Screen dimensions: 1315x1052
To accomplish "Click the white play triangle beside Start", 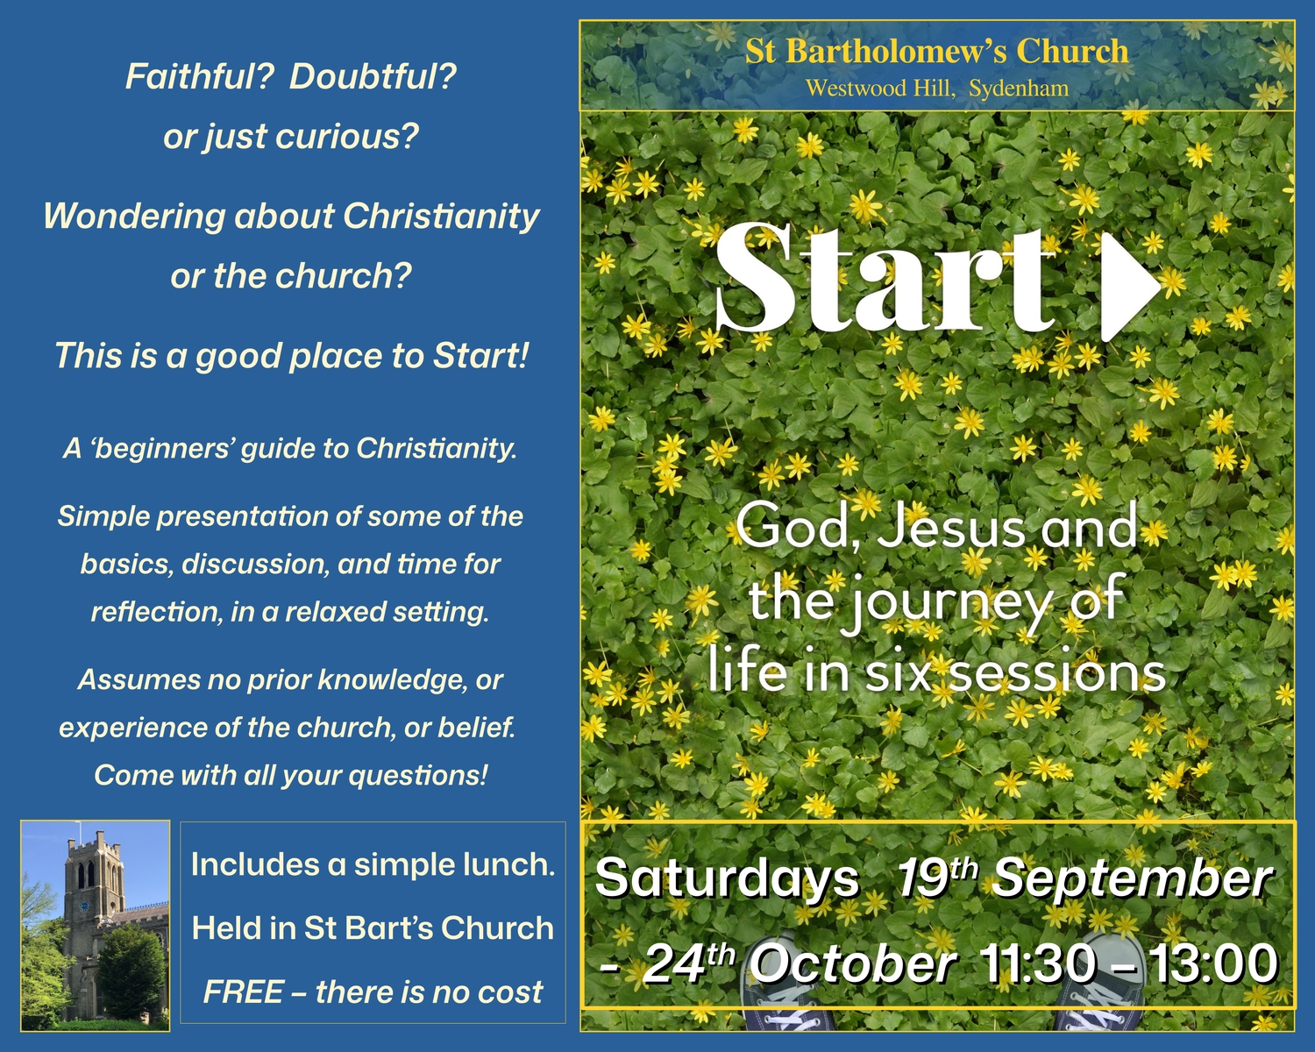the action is coord(1127,285).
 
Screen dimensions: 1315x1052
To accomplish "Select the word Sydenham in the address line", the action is coord(1019,89).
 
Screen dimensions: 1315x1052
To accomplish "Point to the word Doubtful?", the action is coord(373,77).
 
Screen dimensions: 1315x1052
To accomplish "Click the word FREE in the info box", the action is coord(243,992).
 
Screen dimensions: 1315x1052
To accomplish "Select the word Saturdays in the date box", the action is coord(727,879).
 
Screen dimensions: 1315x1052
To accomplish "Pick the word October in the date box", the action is coord(852,965).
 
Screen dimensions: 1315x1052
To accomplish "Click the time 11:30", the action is coord(1037,965).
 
